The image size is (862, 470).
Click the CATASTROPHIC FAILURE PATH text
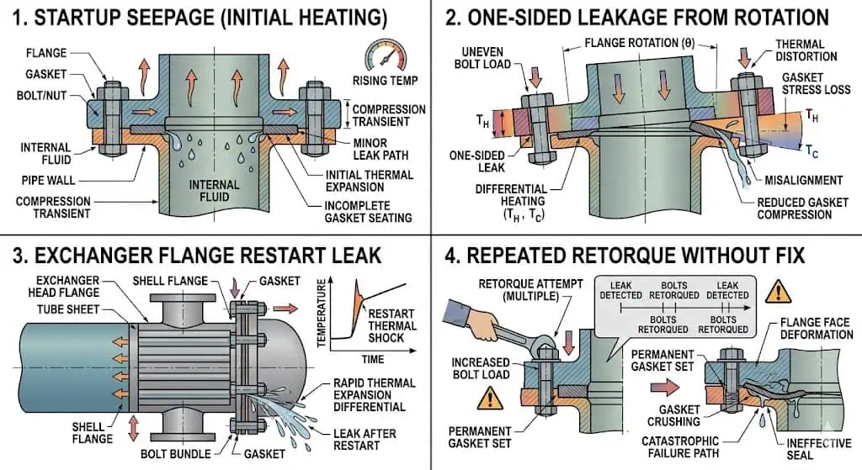(681, 446)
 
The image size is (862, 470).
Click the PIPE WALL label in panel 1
(49, 180)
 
